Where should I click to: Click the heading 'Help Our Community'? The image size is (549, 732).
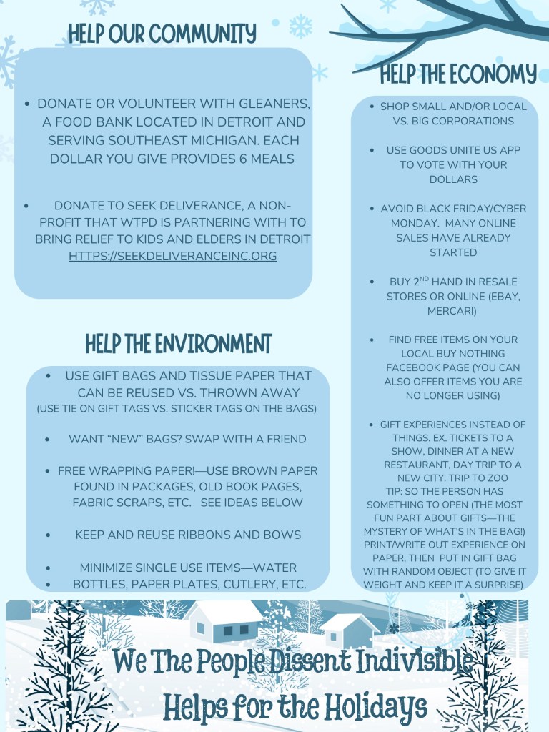162,33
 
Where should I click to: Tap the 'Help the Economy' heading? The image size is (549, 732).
457,74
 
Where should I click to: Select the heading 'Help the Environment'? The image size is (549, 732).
178,344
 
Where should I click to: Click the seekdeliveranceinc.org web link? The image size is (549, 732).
172,255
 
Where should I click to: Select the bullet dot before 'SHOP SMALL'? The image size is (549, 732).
372,107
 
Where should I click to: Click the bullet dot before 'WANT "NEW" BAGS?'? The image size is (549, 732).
48,439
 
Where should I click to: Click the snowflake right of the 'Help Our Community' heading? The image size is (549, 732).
300,27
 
